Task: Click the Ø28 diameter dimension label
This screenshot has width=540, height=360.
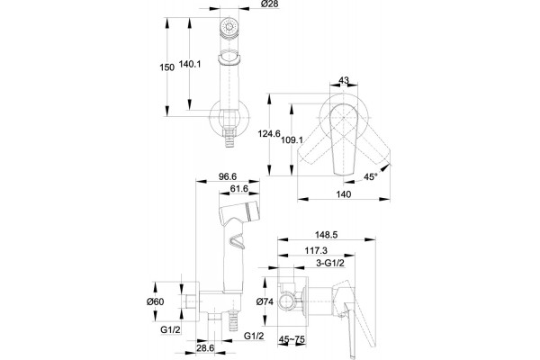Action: [x=270, y=4]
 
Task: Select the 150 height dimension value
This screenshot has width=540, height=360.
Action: [x=167, y=67]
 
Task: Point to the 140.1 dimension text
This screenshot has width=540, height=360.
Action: [x=190, y=64]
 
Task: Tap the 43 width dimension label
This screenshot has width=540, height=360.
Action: [x=344, y=80]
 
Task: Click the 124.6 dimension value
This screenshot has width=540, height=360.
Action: [x=270, y=134]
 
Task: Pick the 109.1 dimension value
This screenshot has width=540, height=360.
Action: [x=292, y=139]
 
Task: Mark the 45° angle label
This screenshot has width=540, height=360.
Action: [x=371, y=177]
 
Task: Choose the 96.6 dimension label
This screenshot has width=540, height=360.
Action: [x=228, y=176]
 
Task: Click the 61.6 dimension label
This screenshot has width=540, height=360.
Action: [x=239, y=189]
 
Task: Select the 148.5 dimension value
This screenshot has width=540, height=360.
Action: [x=327, y=235]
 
